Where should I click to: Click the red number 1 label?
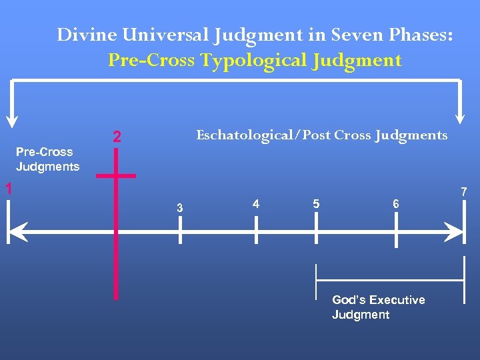(9, 189)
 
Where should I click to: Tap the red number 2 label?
(117, 138)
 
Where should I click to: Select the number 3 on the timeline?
(179, 209)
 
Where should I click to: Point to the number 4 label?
(256, 203)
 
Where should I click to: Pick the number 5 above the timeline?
(316, 203)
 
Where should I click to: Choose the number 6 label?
(396, 203)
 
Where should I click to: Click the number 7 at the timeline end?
(465, 193)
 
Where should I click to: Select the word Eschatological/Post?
(263, 135)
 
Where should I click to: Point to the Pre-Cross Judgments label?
(47, 159)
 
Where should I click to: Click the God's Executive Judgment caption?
(378, 307)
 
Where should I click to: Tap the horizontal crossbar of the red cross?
(116, 176)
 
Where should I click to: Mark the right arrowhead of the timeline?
(455, 233)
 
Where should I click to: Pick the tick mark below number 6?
(397, 233)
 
